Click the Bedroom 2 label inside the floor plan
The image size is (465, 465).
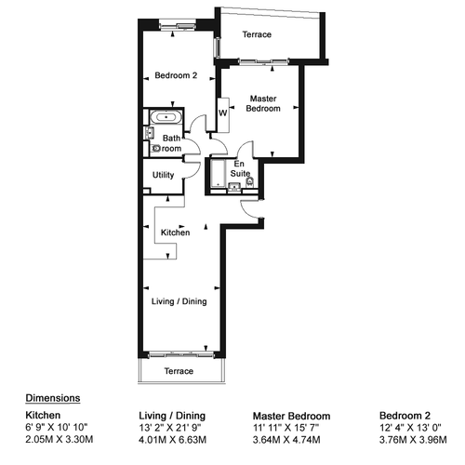[x=176, y=75]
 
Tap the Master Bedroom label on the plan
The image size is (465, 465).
[x=263, y=103]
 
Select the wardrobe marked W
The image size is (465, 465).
[x=223, y=115]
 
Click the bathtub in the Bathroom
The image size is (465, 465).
[x=166, y=117]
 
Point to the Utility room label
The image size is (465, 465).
[x=163, y=175]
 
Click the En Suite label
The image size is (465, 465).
[x=240, y=168]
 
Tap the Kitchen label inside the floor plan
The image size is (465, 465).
[x=175, y=232]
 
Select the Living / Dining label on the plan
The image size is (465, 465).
[x=179, y=301]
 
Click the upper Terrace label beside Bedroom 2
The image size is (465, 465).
[x=257, y=34]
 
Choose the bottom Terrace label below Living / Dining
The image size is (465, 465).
[x=179, y=371]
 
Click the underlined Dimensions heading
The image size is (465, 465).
[x=53, y=398]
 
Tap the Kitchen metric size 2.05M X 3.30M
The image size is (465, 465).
[x=60, y=439]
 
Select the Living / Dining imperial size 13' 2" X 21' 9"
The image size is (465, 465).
[x=170, y=428]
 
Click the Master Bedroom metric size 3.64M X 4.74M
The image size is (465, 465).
[x=286, y=440]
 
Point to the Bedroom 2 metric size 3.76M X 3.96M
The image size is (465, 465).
[x=413, y=440]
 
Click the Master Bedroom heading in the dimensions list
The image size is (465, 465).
[x=291, y=416]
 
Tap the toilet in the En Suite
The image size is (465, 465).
[x=249, y=182]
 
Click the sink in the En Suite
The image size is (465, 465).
[x=234, y=187]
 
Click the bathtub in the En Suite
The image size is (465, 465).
[x=219, y=174]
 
